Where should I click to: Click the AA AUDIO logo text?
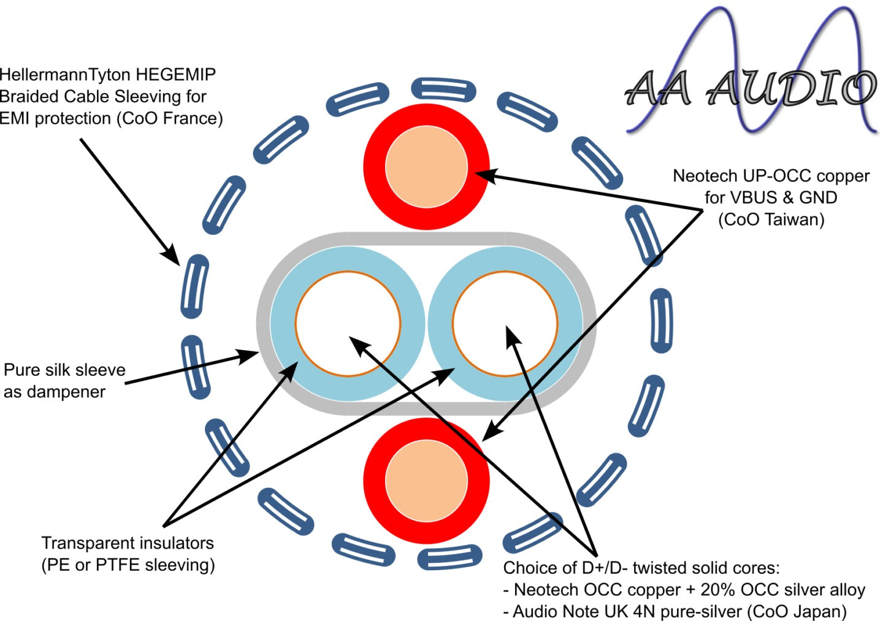[751, 88]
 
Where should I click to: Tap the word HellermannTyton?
[64, 75]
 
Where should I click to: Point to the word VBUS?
[754, 197]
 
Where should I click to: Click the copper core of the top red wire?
[426, 166]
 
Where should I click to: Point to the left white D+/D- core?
[348, 324]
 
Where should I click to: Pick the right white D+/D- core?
[505, 324]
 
